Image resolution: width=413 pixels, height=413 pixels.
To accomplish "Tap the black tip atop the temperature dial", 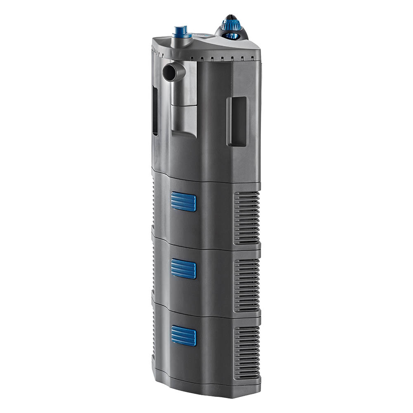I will pos(231,17).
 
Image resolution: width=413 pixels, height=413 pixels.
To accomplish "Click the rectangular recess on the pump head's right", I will pos(236,121).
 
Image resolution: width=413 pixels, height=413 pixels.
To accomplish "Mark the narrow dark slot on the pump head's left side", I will pos(155,112).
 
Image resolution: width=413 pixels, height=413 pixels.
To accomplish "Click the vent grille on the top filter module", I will pos(247,217).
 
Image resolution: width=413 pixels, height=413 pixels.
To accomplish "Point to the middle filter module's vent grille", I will pos(247,285).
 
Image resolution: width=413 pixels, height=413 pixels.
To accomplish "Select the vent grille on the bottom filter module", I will pos(247,351).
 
